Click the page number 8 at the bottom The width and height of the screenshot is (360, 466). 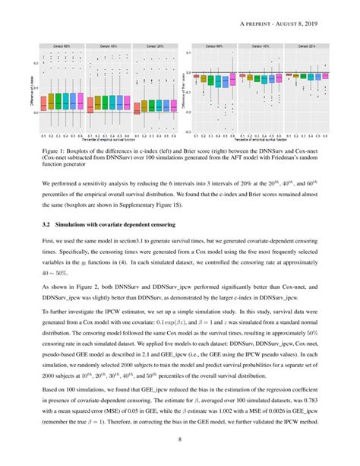pyautogui.click(x=180, y=439)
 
